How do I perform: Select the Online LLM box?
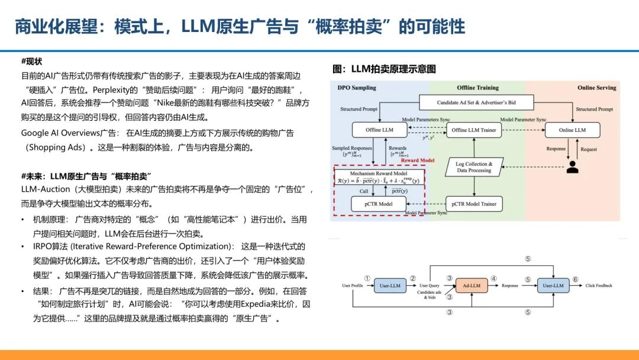[572, 130]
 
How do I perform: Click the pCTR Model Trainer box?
[474, 204]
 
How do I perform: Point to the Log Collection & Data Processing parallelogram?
[473, 167]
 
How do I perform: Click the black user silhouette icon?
[572, 166]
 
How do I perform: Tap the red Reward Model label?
[418, 160]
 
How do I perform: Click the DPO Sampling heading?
[357, 88]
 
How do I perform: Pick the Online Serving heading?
[596, 88]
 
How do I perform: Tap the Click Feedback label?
[599, 285]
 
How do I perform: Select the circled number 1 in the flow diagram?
[367, 278]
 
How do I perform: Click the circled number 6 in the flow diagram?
[575, 278]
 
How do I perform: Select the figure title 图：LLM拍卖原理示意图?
[384, 69]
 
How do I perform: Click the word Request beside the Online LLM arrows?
[589, 149]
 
